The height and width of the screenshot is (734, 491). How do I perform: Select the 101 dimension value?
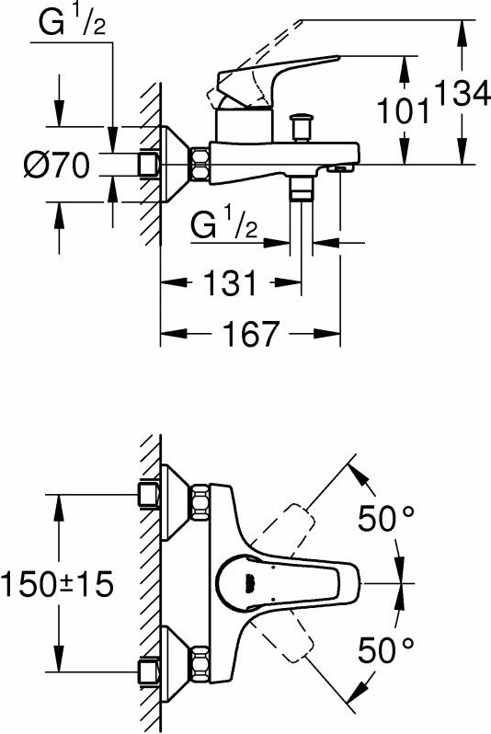[403, 111]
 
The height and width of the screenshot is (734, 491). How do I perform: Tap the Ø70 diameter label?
[57, 165]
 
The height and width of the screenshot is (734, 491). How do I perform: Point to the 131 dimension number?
[230, 282]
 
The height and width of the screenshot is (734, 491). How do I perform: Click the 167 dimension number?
[251, 334]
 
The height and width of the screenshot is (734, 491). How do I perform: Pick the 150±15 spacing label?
[57, 584]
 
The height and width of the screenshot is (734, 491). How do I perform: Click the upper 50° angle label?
[386, 518]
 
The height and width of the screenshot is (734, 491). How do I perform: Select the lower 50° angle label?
[386, 650]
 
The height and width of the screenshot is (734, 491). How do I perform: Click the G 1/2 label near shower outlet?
[223, 224]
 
